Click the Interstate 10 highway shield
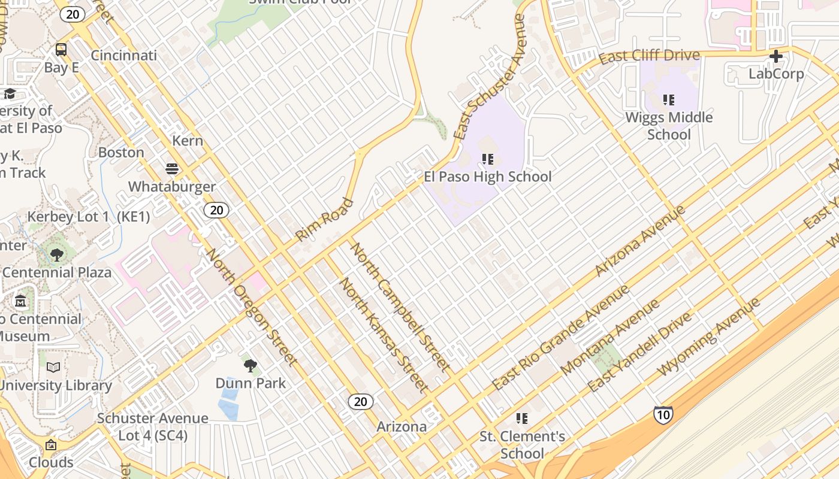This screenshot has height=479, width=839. (x=663, y=415)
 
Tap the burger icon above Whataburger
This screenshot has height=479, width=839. (x=172, y=169)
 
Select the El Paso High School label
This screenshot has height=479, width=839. (x=487, y=177)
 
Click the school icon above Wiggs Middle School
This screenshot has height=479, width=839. (x=669, y=99)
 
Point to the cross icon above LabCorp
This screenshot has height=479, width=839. (x=776, y=56)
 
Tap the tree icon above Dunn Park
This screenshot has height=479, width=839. (x=251, y=365)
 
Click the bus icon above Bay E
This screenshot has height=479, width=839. (x=61, y=49)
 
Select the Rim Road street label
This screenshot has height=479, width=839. (x=324, y=220)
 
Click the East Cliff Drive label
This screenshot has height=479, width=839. (x=649, y=56)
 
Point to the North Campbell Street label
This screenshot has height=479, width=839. (x=400, y=306)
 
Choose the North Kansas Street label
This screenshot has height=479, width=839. (x=384, y=335)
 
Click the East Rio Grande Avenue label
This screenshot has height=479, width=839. (x=561, y=337)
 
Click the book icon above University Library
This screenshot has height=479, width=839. (x=53, y=367)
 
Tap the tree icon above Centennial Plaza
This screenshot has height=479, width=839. (x=57, y=256)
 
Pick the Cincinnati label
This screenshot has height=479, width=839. (x=123, y=56)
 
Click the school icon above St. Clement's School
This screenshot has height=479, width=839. (x=522, y=418)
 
